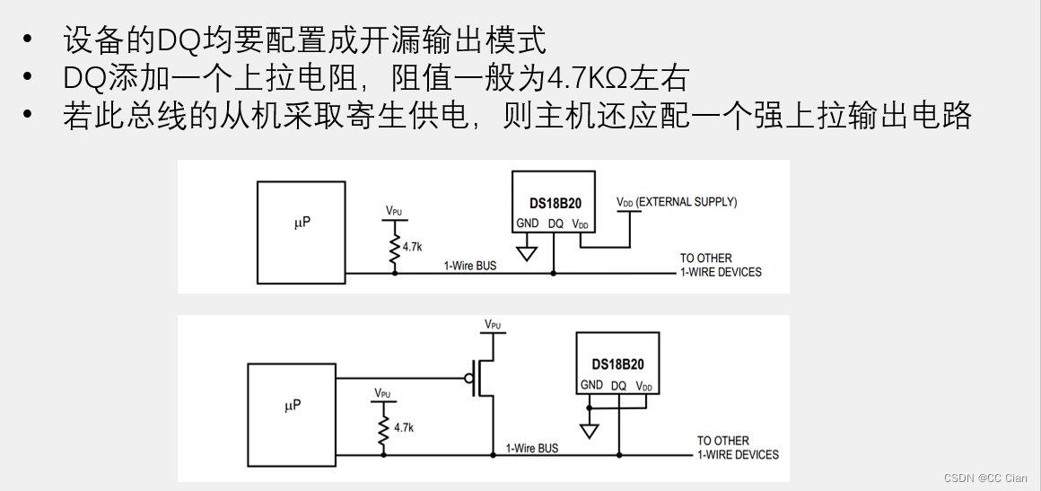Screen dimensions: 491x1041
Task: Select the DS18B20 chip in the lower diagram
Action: tap(617, 363)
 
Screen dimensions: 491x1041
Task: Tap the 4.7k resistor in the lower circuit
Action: tap(384, 428)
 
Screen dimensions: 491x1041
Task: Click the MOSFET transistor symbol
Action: tap(482, 378)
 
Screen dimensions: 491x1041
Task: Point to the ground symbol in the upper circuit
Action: tap(528, 252)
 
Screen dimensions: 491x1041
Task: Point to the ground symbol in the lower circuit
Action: tap(590, 430)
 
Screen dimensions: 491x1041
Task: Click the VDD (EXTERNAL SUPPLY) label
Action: tap(677, 202)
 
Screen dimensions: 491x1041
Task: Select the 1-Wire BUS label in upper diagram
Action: tap(470, 266)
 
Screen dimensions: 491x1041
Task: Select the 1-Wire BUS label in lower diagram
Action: tap(532, 448)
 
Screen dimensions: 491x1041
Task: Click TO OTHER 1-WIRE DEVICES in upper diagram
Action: tap(720, 265)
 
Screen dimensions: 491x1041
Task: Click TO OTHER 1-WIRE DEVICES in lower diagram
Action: tap(738, 447)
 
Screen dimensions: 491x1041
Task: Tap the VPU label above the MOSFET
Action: tap(493, 324)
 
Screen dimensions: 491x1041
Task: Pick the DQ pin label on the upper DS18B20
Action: tap(555, 224)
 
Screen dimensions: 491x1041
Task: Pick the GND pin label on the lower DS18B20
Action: tap(591, 385)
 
